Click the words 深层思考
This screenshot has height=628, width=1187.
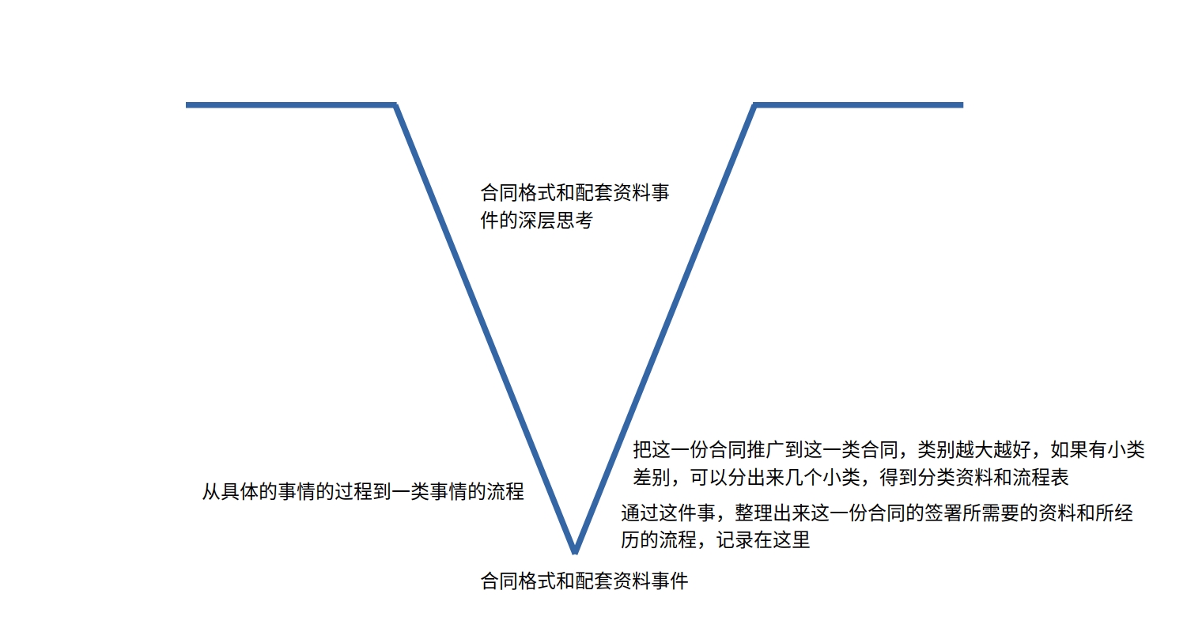tap(555, 221)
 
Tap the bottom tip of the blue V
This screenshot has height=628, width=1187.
tap(576, 553)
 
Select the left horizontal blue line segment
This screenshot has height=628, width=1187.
tap(290, 105)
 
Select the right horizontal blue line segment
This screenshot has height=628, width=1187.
tap(859, 105)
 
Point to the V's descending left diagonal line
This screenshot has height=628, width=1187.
tap(485, 328)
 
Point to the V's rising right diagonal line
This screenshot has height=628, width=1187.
tap(665, 328)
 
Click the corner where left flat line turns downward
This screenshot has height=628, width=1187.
tap(395, 105)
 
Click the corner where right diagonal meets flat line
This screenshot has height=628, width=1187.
tap(754, 105)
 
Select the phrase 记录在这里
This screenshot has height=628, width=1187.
tap(763, 540)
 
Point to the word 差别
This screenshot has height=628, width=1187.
tap(652, 478)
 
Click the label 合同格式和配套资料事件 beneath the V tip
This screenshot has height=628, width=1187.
tap(584, 581)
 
